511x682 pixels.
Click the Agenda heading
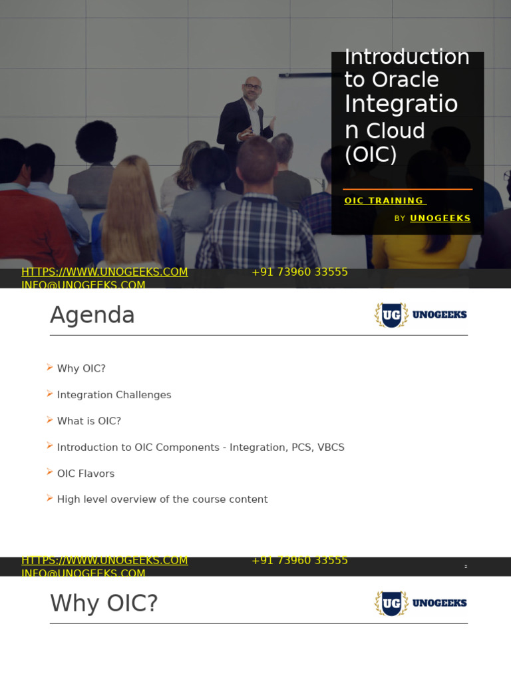coord(92,315)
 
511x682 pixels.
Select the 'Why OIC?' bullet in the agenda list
coord(81,368)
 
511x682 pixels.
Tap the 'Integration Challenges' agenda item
coord(114,395)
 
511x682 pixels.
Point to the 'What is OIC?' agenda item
coord(89,421)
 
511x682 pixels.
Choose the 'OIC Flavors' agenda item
coord(86,474)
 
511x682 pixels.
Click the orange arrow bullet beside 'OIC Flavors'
coord(50,472)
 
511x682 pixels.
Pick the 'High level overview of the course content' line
coord(162,500)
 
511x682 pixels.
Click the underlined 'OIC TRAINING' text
coord(384,200)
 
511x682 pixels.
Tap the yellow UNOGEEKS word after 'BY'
coord(440,218)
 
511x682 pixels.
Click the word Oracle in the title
coord(405,80)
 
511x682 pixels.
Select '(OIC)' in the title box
coord(371,155)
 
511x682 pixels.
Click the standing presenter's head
coord(252,87)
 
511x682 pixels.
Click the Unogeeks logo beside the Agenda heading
coord(421,315)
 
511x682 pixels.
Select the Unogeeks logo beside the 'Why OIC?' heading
coord(421,603)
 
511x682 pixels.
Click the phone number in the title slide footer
coord(299,272)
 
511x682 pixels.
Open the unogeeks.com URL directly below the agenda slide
coord(104,561)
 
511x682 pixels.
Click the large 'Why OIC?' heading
coord(104,603)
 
